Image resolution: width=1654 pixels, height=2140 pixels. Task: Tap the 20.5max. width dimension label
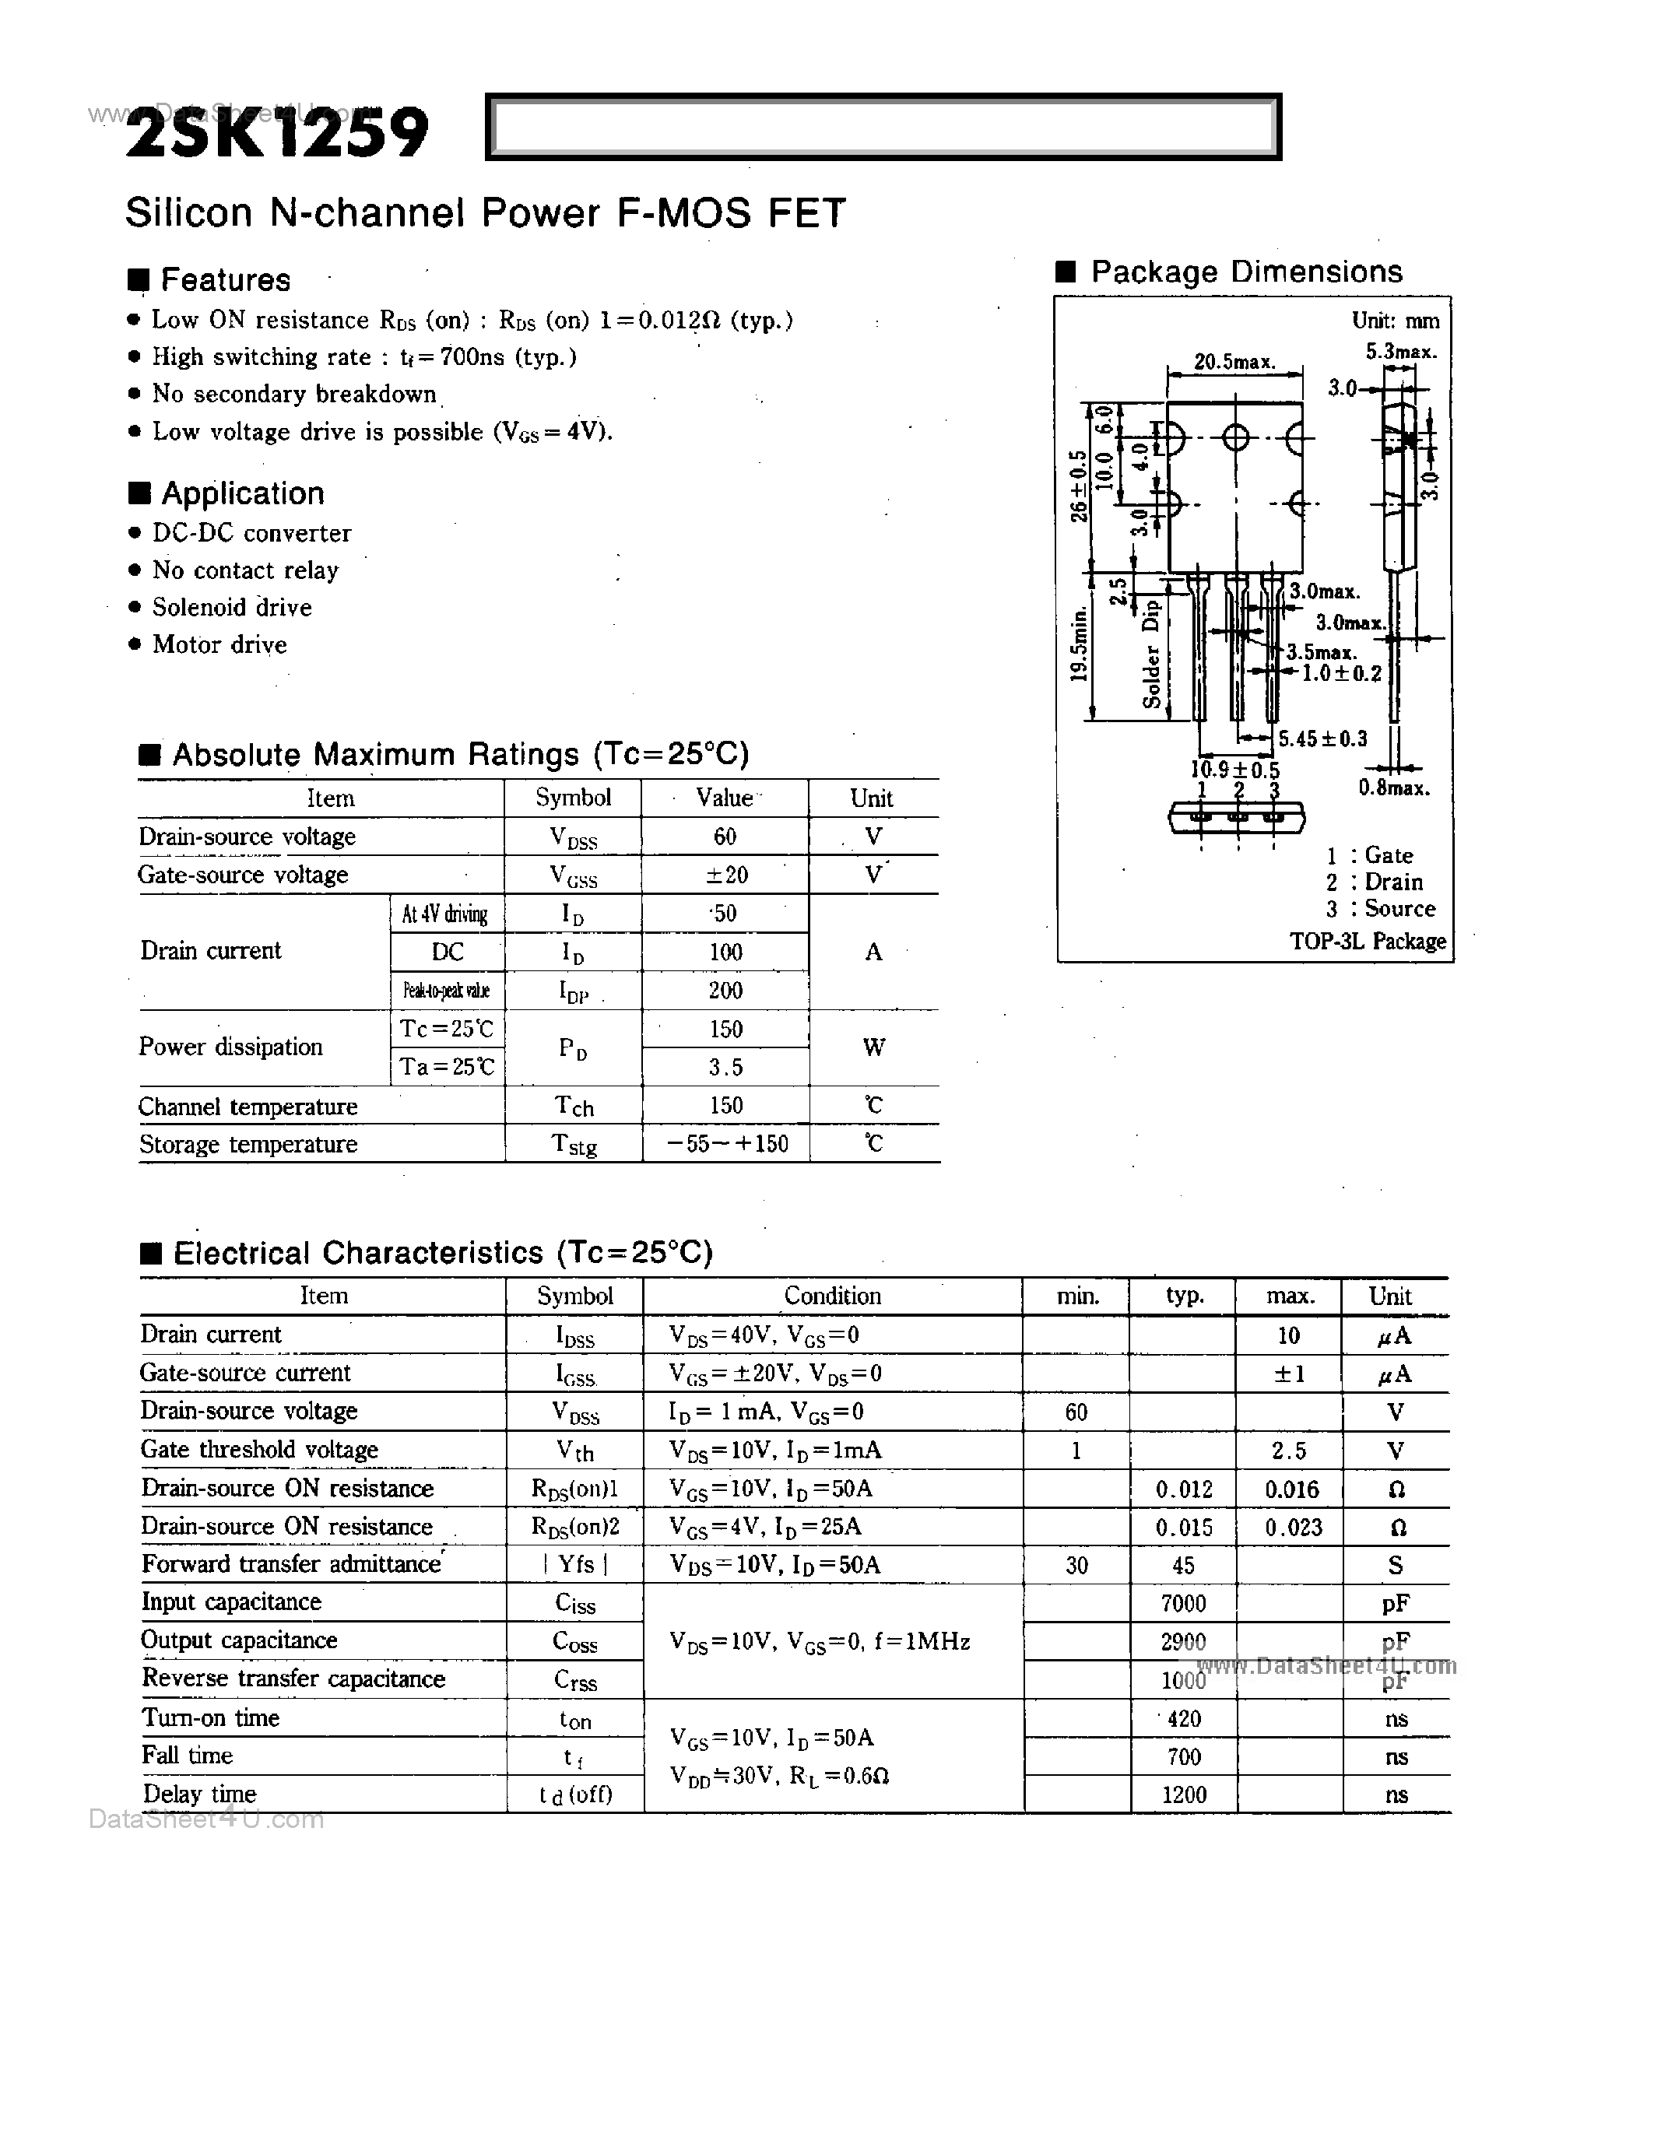pyautogui.click(x=1234, y=362)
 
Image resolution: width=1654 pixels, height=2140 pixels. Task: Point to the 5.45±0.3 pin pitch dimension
pyautogui.click(x=1322, y=738)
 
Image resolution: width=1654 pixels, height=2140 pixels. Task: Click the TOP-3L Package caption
pyautogui.click(x=1367, y=942)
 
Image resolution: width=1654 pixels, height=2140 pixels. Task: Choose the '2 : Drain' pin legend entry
pyautogui.click(x=1374, y=882)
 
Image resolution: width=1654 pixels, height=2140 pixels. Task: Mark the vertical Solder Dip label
pyautogui.click(x=1152, y=654)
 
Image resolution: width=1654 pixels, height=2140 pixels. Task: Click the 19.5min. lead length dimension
pyautogui.click(x=1079, y=644)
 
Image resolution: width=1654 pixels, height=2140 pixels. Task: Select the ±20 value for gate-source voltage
pyautogui.click(x=726, y=875)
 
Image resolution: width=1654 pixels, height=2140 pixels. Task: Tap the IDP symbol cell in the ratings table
pyautogui.click(x=574, y=991)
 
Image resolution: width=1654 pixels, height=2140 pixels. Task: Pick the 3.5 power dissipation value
pyautogui.click(x=726, y=1067)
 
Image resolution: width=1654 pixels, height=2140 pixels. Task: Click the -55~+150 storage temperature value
pyautogui.click(x=726, y=1143)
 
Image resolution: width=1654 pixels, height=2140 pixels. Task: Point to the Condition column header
pyautogui.click(x=832, y=1296)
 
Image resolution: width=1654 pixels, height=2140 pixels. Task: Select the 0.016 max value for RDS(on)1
pyautogui.click(x=1291, y=1489)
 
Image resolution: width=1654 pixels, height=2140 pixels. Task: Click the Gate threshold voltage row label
pyautogui.click(x=258, y=1449)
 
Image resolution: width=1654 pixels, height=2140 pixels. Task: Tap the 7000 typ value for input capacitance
pyautogui.click(x=1182, y=1603)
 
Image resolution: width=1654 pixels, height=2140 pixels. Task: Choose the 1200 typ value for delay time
pyautogui.click(x=1182, y=1794)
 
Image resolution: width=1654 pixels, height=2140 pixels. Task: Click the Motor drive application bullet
pyautogui.click(x=219, y=645)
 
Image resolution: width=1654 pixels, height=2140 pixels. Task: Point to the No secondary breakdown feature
pyautogui.click(x=294, y=394)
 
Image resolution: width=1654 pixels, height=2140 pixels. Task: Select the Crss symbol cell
pyautogui.click(x=575, y=1680)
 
